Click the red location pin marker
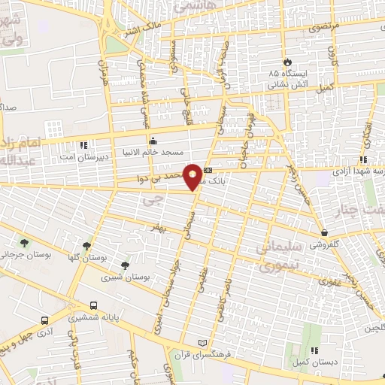(193, 176)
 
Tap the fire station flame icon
(286, 62)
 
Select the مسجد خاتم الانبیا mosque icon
(153, 140)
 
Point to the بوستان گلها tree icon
(87, 244)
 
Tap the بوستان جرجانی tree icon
(25, 243)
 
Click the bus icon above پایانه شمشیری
(92, 306)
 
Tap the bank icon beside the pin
(208, 170)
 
